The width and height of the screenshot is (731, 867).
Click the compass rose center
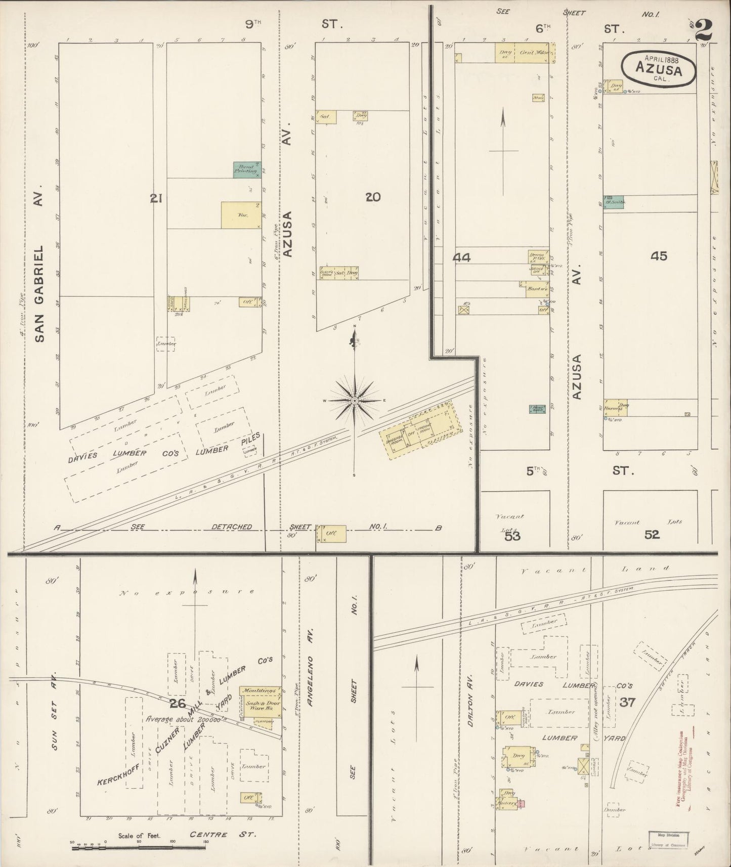(x=355, y=400)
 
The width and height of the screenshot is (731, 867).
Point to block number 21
(x=156, y=199)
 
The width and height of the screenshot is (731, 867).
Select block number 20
(x=373, y=197)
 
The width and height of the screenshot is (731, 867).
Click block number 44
(x=461, y=258)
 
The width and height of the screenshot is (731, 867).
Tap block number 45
(x=659, y=256)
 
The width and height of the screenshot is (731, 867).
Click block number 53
(x=512, y=536)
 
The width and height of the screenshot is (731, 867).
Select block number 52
(x=652, y=535)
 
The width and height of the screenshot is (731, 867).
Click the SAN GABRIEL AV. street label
(x=40, y=263)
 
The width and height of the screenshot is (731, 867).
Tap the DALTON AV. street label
(x=470, y=701)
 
